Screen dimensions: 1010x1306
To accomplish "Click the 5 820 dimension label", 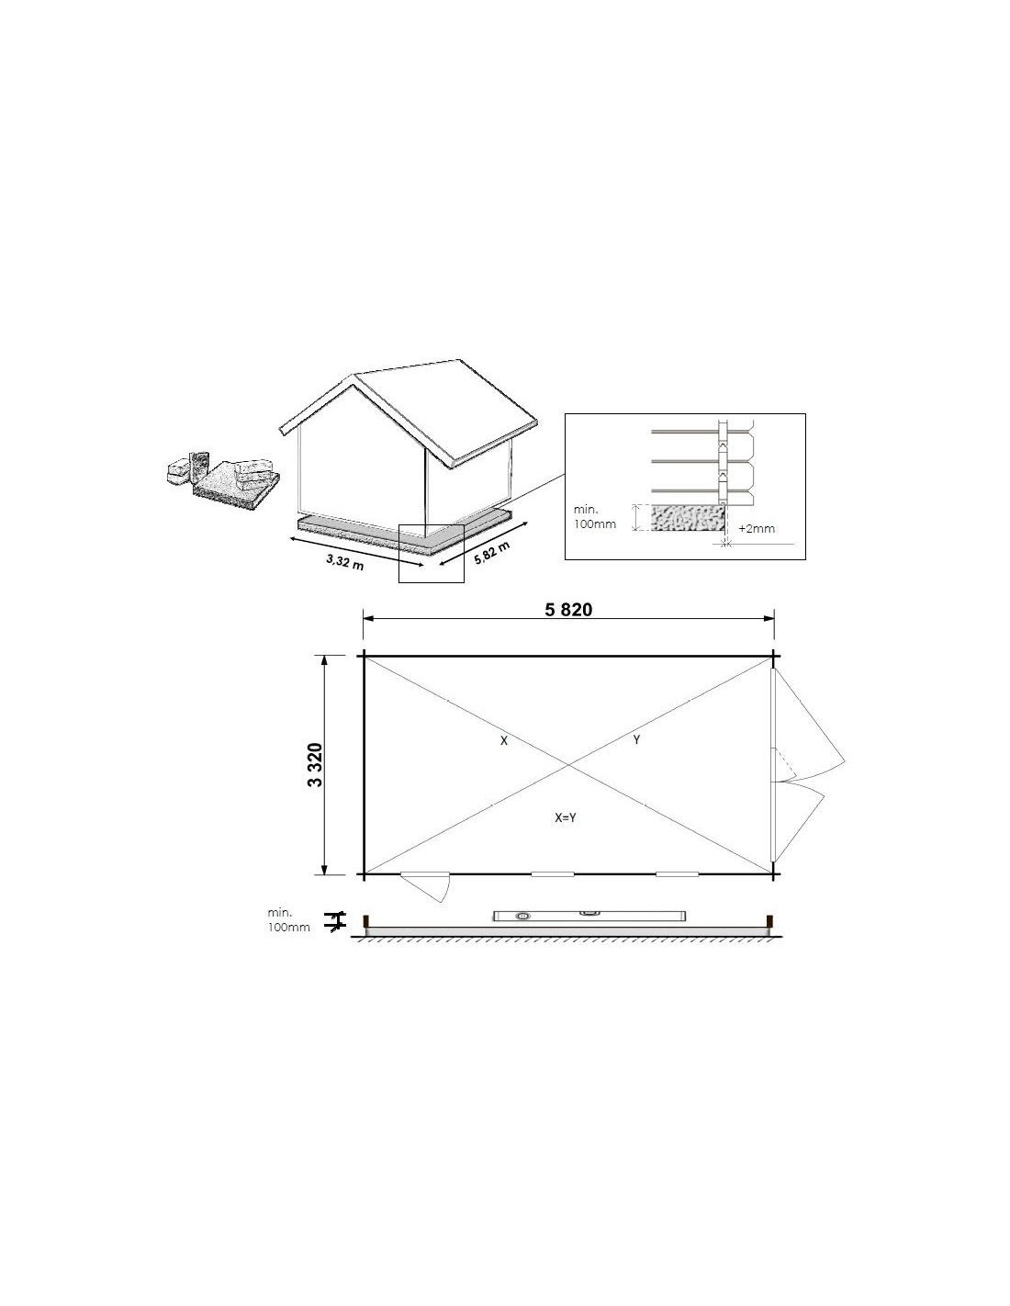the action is point(567,610).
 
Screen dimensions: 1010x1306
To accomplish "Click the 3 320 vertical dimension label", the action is point(316,765).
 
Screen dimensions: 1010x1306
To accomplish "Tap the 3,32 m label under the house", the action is point(345,562).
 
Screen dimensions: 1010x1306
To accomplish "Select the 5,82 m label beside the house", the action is point(491,552).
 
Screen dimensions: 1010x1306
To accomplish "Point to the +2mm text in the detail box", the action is point(757,529).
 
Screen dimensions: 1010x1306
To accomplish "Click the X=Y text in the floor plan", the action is point(566,817).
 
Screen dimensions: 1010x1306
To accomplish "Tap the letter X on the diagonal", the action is point(504,741).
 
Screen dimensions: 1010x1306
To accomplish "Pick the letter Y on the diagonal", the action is point(637,740).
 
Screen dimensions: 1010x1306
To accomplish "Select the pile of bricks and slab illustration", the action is point(223,479).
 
